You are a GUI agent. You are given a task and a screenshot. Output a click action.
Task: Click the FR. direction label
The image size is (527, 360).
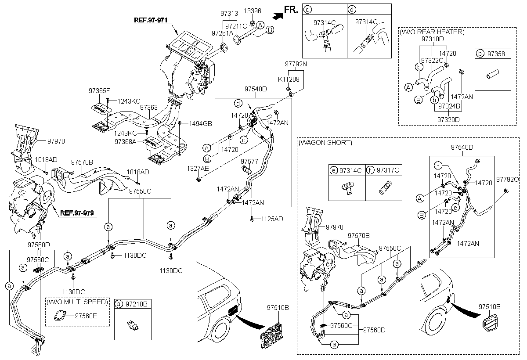(291, 9)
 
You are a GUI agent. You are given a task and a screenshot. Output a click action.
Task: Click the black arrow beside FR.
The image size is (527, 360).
(277, 17)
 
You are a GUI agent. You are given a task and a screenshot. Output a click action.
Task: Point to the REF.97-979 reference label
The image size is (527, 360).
(78, 213)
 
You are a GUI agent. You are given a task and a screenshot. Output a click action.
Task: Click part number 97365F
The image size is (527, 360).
(99, 91)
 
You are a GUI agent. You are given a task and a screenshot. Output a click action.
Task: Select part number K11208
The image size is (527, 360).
(289, 79)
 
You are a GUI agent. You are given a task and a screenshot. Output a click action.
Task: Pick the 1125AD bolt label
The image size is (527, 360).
(273, 218)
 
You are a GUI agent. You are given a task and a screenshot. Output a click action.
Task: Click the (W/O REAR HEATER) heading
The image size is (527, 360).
(431, 32)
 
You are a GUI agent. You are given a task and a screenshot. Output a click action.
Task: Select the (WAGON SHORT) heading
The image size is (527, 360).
(325, 143)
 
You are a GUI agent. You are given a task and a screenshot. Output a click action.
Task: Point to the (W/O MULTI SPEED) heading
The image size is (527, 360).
(77, 302)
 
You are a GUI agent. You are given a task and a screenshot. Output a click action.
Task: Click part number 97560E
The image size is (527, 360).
(86, 315)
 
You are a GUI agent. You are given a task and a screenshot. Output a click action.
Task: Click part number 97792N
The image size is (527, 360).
(295, 64)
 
